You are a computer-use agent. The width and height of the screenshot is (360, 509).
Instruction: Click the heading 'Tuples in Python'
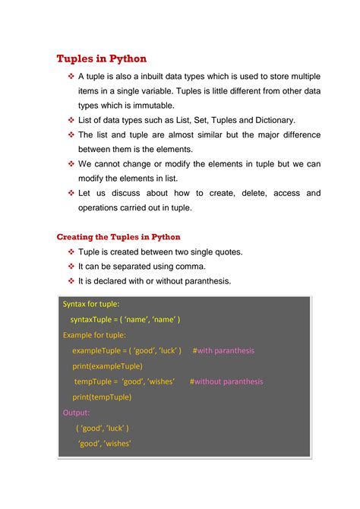[x=102, y=58]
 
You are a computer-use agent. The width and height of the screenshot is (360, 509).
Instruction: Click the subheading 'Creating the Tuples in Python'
[x=118, y=237]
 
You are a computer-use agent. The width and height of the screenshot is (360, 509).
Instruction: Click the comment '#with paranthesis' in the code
[x=223, y=351]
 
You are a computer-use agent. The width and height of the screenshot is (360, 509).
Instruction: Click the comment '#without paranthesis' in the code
[x=226, y=381]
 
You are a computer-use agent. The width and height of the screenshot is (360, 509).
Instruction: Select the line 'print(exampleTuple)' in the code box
[x=107, y=366]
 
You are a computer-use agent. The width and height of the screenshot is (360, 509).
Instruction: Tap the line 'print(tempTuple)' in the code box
[x=102, y=397]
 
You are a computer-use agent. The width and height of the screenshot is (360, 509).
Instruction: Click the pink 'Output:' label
[x=76, y=413]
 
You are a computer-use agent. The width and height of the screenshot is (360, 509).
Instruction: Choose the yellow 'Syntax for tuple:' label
[x=91, y=304]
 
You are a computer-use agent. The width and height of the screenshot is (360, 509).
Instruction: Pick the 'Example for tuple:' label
[x=94, y=335]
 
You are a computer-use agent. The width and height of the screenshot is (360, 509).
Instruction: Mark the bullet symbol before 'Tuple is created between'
[x=71, y=252]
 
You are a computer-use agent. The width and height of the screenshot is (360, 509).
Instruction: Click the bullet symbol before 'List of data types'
[x=71, y=120]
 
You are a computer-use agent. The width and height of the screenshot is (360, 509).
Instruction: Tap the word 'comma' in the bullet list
[x=190, y=267]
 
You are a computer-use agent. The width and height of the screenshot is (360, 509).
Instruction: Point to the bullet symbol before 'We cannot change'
[x=71, y=164]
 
